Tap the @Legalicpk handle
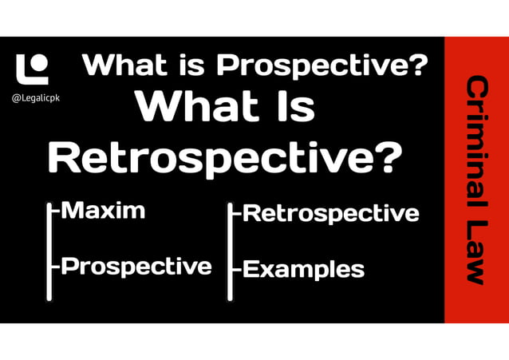36,98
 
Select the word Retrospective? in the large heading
224,157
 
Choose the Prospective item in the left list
136,266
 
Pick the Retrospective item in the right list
330,213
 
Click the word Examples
303,269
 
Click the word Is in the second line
292,106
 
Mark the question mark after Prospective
417,65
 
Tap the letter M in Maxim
73,211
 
